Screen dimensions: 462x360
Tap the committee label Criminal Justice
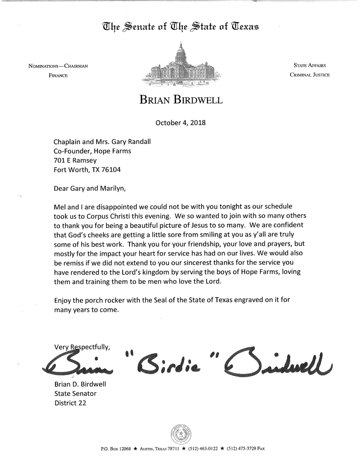310,75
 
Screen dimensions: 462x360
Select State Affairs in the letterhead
310,66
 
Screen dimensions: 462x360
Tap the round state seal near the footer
180,434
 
